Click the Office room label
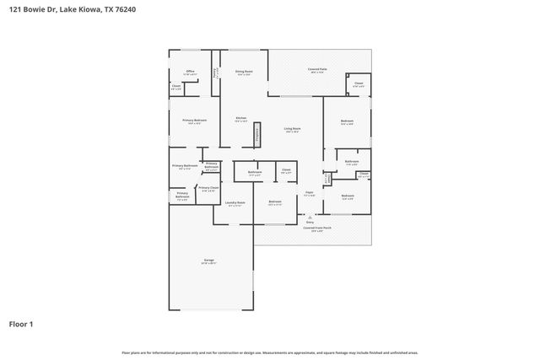point(191,72)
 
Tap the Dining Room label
point(243,72)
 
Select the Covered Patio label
point(319,71)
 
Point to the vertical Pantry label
point(217,73)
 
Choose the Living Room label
point(292,130)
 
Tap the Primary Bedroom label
point(194,121)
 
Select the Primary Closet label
point(208,188)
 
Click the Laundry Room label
point(235,203)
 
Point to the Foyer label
point(309,193)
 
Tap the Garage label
point(208,262)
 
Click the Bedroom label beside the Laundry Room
point(274,202)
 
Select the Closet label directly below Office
point(176,86)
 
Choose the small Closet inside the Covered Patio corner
point(358,83)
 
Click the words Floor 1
point(22,324)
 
